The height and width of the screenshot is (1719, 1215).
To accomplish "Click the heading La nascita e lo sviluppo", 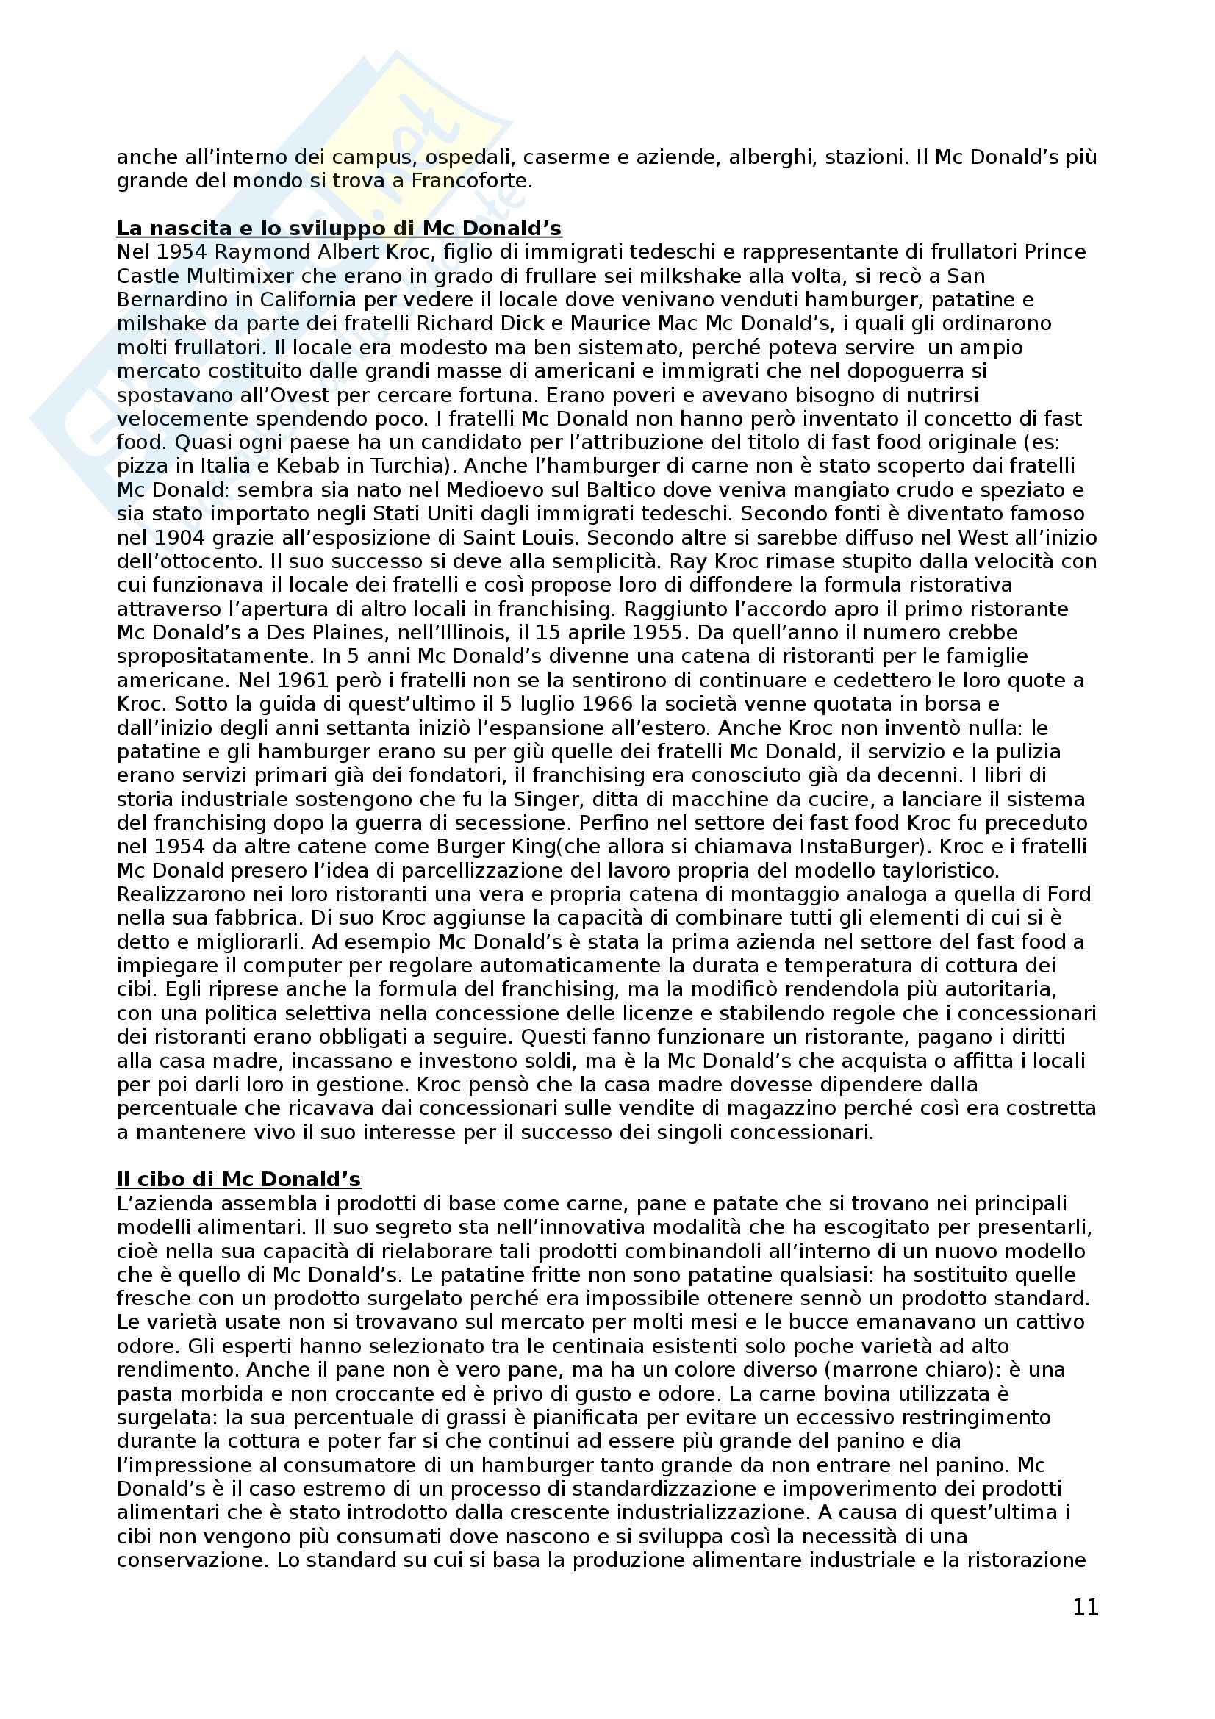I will [x=338, y=228].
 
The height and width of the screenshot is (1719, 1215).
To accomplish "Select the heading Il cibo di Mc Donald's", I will [x=238, y=1179].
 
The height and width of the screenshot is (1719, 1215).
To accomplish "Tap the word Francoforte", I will [x=476, y=182].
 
